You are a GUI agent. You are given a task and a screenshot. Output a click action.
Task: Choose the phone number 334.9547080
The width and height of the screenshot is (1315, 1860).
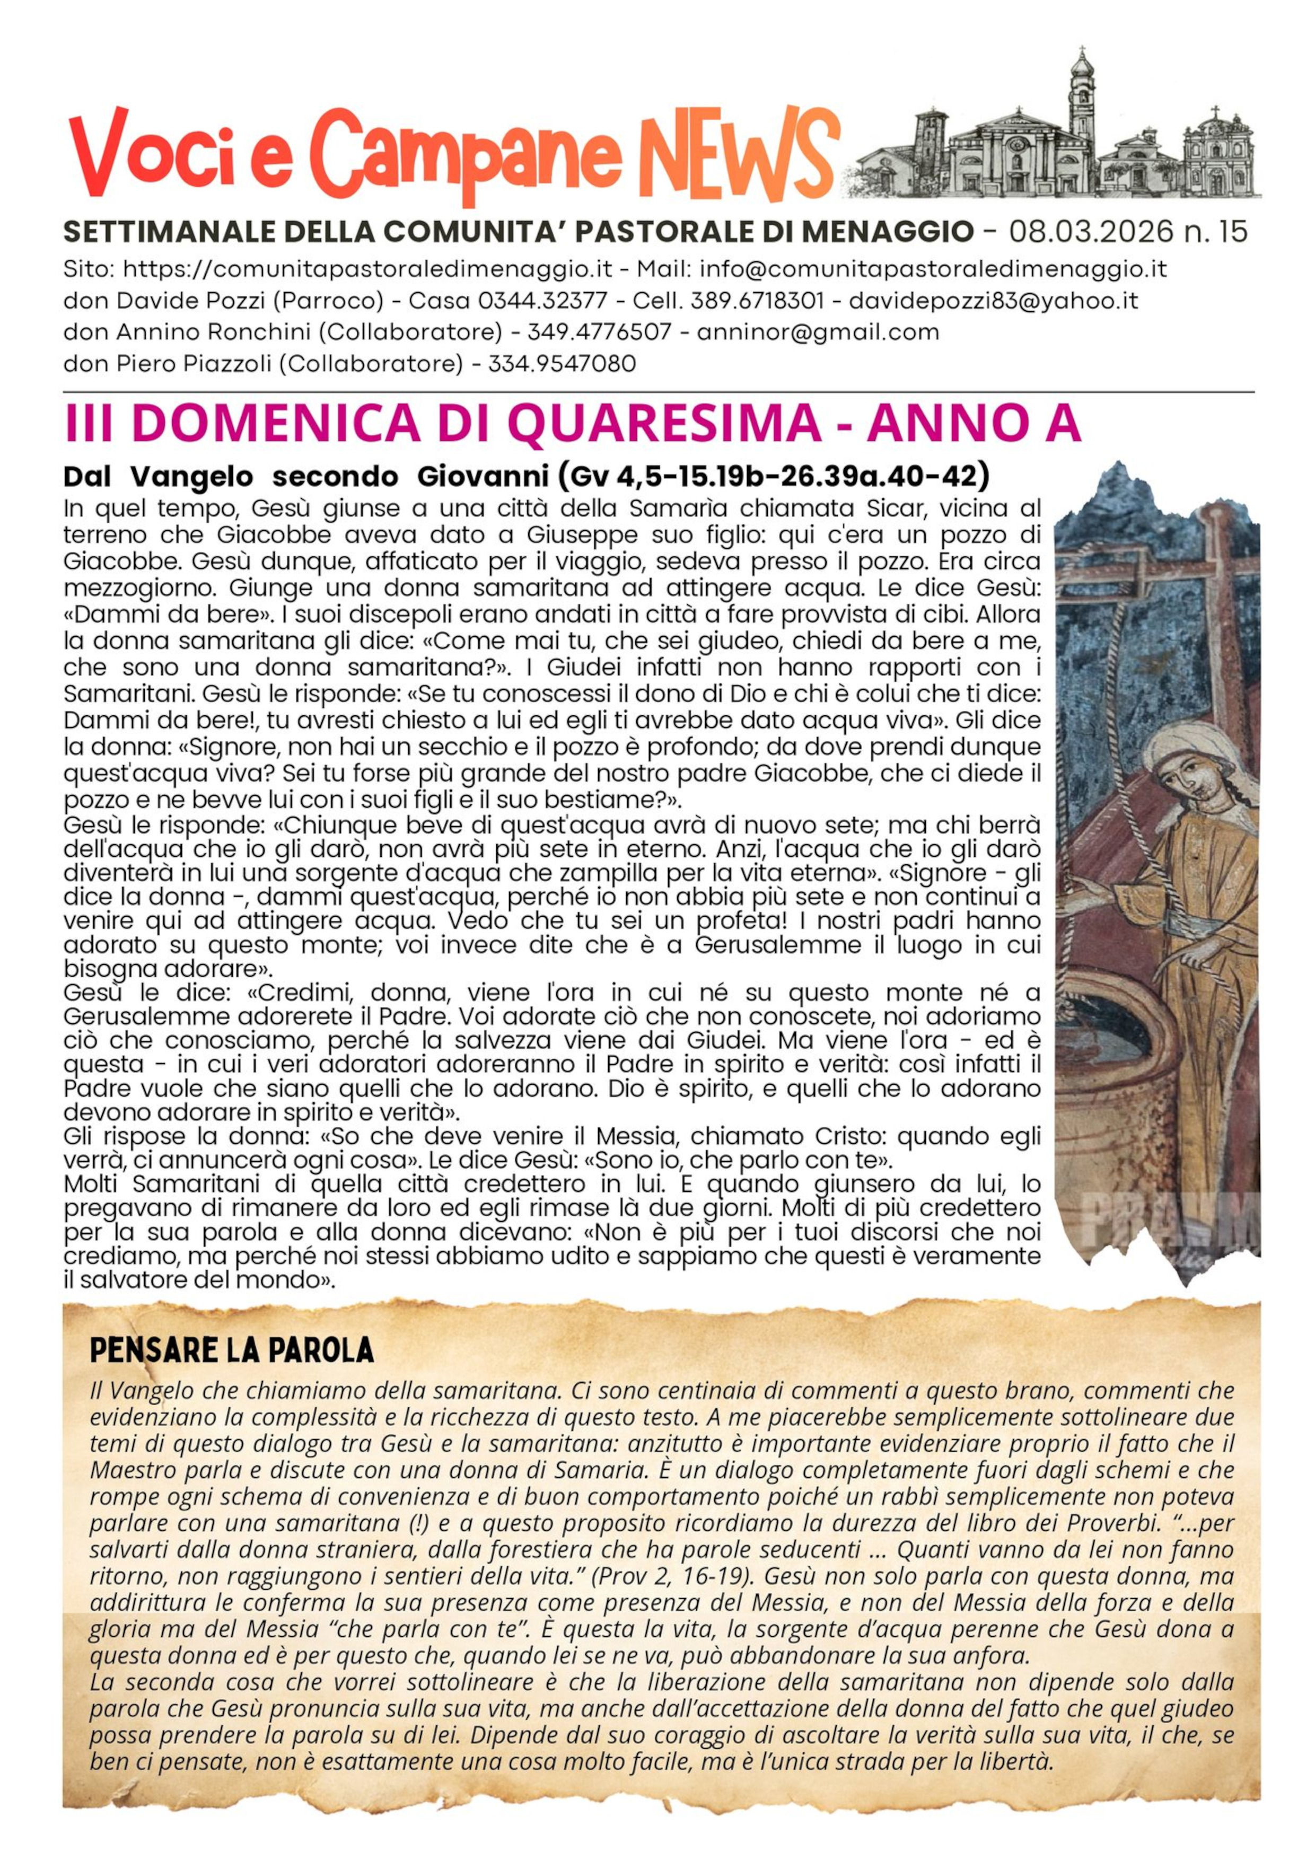pos(562,364)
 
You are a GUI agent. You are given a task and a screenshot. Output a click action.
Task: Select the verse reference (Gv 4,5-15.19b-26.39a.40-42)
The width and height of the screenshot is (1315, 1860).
pos(773,476)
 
